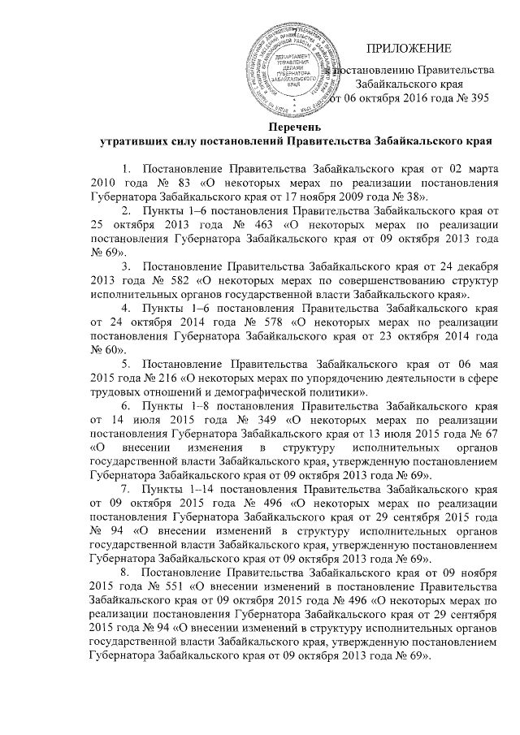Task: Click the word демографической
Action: pyautogui.click(x=268, y=393)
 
